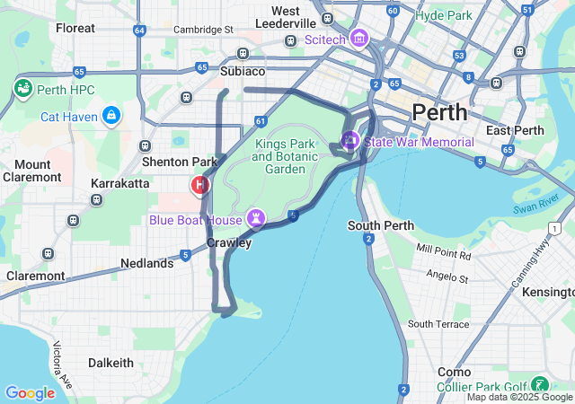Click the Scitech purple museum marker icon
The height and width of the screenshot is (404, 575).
(359, 39)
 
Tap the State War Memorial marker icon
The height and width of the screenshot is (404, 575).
(349, 141)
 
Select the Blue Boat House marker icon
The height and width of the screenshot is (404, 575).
(258, 219)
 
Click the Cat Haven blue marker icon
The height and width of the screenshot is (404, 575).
(111, 115)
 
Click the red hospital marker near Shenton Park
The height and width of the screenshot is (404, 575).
(200, 185)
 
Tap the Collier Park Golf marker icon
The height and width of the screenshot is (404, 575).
(541, 383)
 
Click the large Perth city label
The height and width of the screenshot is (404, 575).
(439, 112)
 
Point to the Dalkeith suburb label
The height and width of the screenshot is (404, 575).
(111, 363)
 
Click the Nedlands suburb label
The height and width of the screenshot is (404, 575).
(147, 264)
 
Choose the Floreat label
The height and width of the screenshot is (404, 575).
(75, 28)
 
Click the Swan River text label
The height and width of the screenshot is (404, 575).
(536, 203)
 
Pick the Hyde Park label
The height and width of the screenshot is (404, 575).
(444, 15)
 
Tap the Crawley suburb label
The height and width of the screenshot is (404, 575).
(229, 242)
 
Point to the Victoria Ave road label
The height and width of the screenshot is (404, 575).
(62, 359)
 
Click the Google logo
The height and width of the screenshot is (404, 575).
(30, 392)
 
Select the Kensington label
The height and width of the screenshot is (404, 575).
(548, 293)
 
